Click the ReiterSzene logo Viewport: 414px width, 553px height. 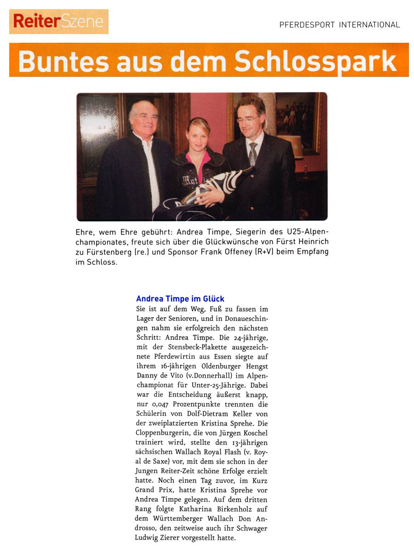58,21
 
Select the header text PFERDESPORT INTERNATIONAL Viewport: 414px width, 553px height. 339,25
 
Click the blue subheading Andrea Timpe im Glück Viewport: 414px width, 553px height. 180,299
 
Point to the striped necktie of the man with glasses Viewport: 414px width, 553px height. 253,153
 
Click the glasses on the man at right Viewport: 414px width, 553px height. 248,119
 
